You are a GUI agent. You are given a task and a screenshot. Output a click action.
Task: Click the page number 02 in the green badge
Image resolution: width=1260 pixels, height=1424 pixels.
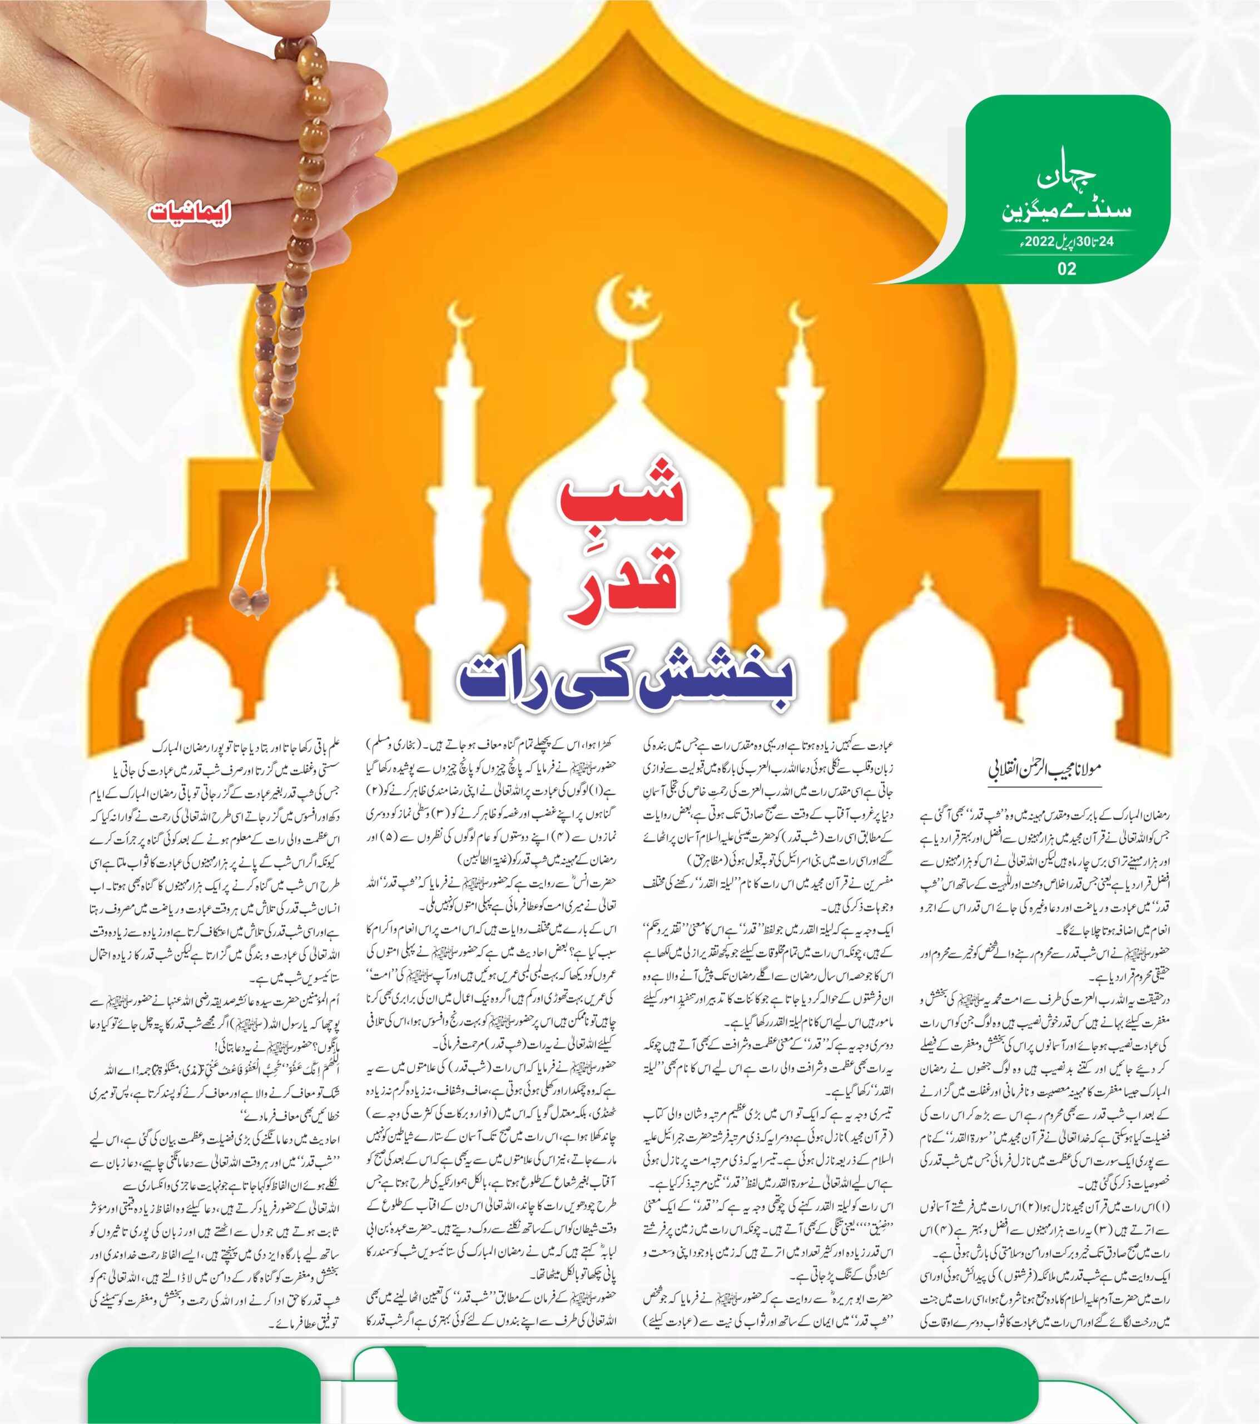(x=1066, y=268)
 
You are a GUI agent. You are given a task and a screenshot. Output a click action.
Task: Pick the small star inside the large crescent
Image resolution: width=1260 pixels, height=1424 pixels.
(x=635, y=300)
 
